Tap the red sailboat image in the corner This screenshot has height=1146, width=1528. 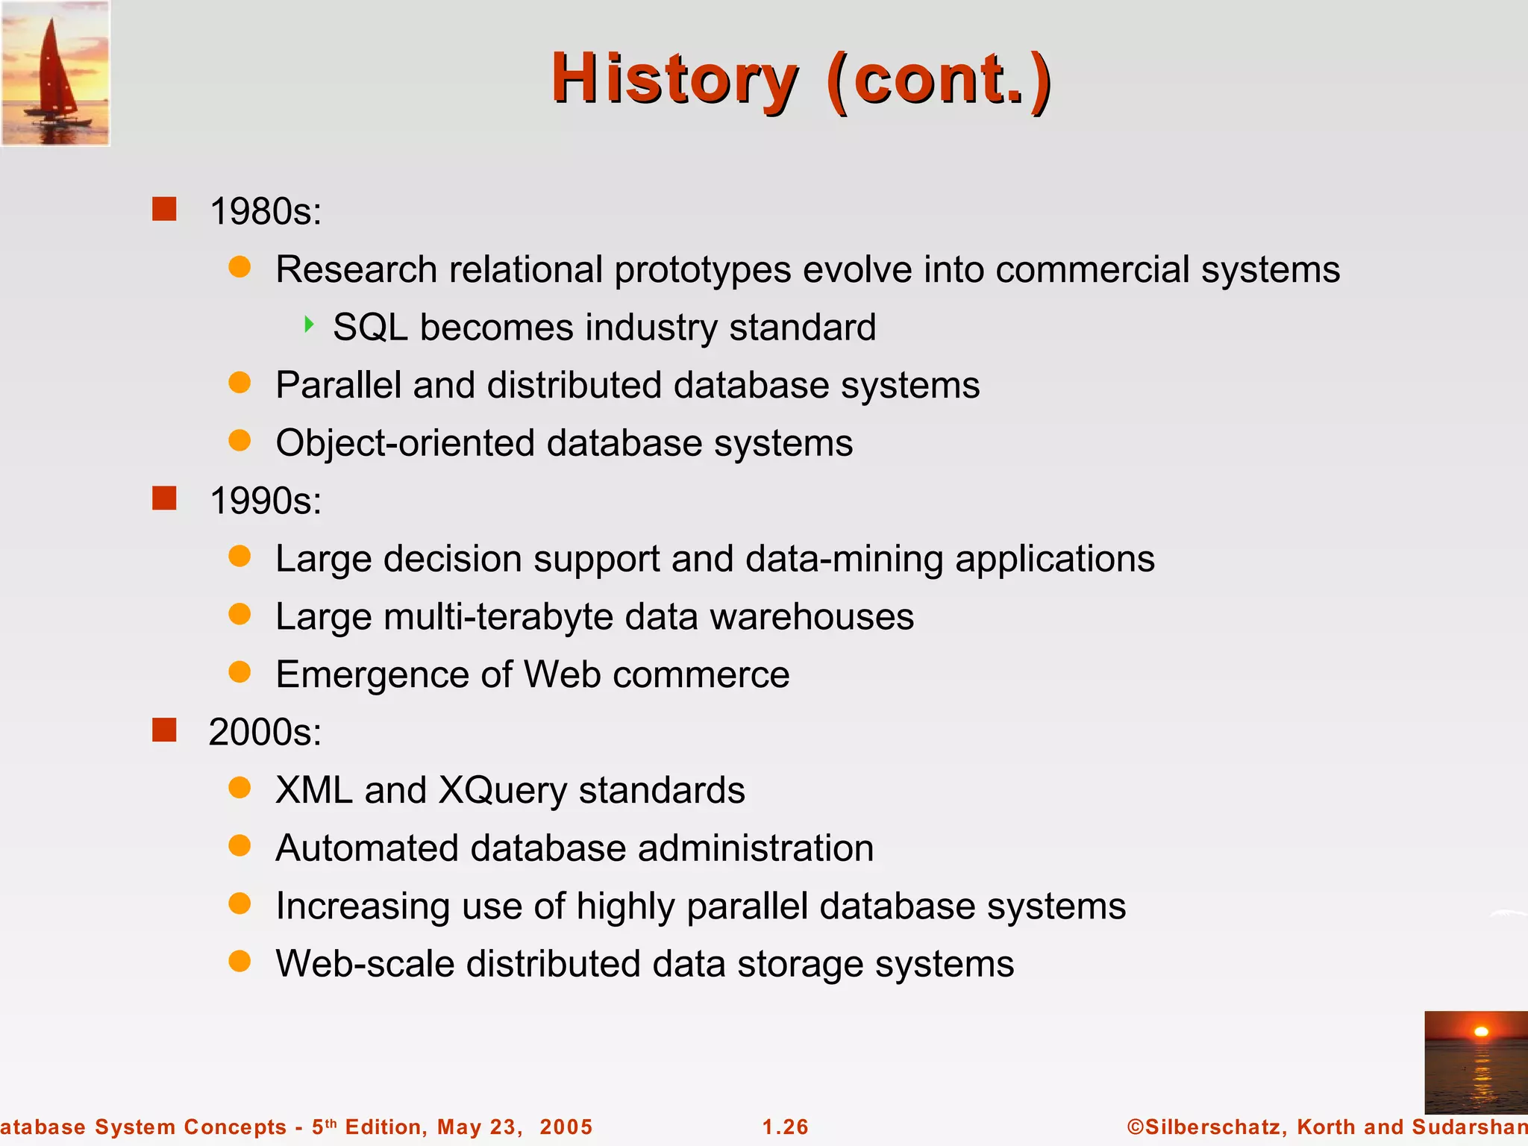55,73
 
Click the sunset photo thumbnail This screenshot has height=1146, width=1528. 1475,1062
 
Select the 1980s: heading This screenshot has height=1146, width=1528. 266,211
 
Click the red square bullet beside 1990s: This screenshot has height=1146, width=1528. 164,498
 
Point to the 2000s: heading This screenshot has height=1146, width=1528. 265,732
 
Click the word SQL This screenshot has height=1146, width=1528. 370,328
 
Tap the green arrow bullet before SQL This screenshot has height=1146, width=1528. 309,325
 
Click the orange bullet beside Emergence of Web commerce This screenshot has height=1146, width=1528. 239,672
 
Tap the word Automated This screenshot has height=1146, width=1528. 366,848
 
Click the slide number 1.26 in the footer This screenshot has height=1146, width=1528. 785,1127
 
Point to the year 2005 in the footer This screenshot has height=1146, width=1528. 566,1127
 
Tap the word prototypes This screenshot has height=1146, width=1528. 702,270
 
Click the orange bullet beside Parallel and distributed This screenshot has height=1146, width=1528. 239,383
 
